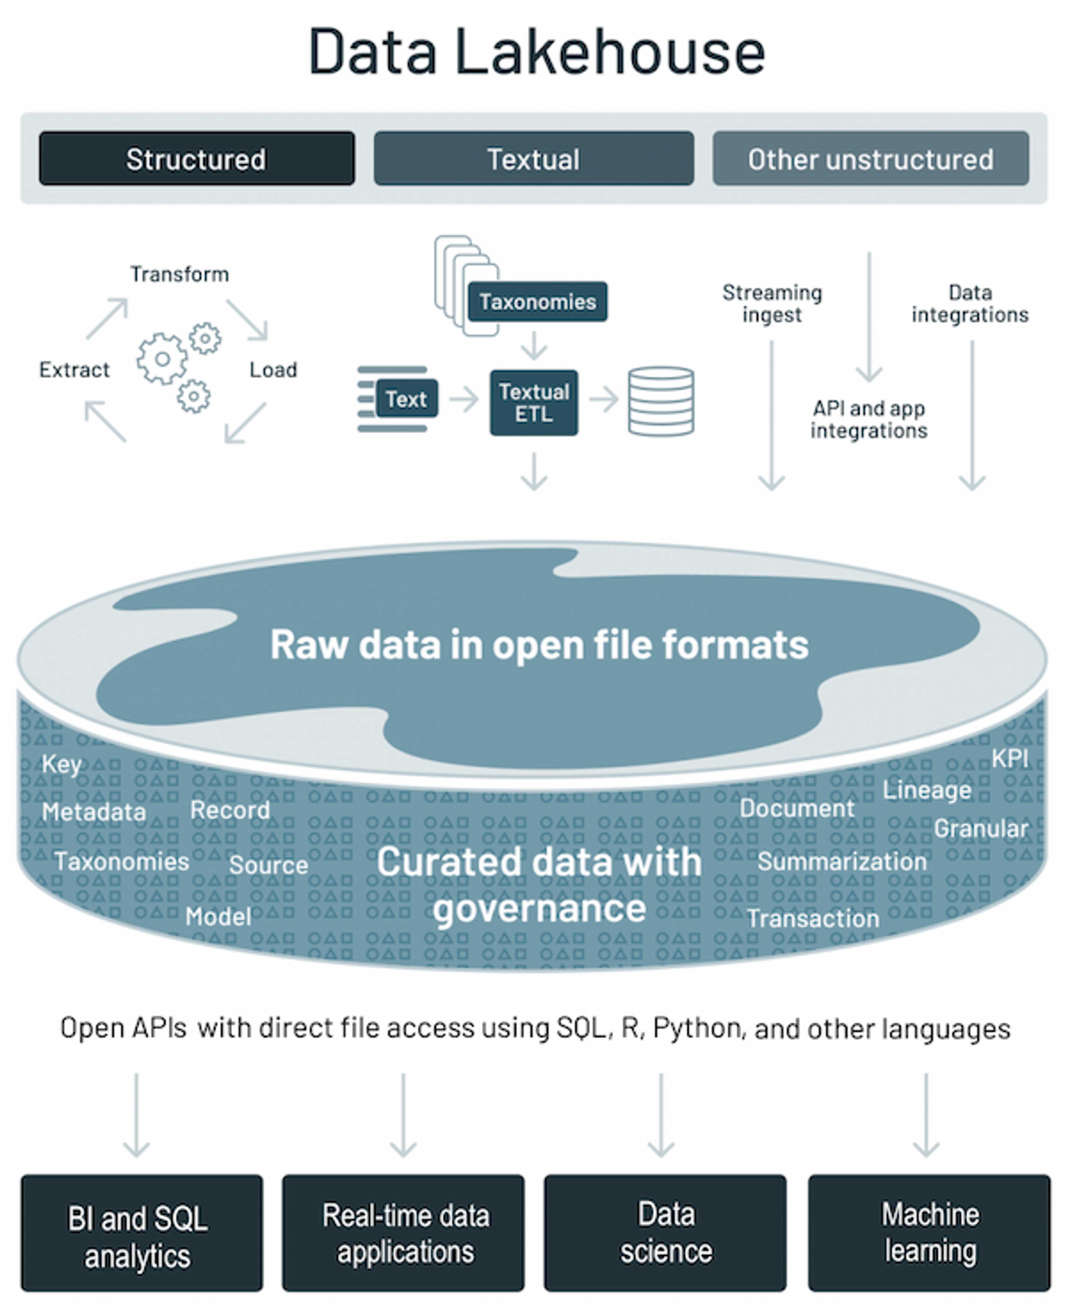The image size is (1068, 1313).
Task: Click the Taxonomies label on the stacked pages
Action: click(x=538, y=301)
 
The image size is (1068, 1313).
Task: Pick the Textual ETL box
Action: click(x=534, y=403)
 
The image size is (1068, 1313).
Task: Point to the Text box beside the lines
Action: click(x=407, y=399)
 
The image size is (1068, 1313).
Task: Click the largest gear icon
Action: click(x=162, y=359)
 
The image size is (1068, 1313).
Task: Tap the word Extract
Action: click(x=75, y=370)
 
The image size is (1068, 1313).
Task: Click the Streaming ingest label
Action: click(x=772, y=303)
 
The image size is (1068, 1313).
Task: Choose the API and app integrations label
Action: click(x=869, y=419)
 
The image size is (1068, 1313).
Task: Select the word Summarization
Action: click(x=842, y=861)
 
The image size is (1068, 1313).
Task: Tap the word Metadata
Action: click(x=94, y=812)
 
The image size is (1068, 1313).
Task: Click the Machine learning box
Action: click(x=929, y=1233)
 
